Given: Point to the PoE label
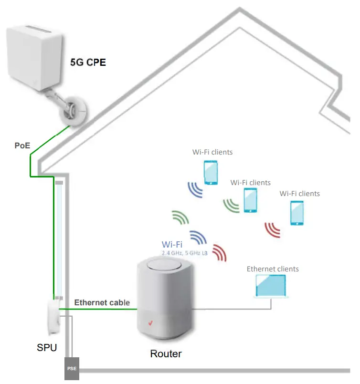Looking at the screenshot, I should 21,145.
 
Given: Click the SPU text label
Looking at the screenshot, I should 47,348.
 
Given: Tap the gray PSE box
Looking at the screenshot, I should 71,369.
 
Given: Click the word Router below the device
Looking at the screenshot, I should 166,354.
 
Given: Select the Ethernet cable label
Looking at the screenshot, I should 102,303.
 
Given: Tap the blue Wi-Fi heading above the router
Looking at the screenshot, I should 172,245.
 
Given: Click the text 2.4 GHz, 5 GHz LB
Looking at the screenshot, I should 184,253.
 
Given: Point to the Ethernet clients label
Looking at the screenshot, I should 273,269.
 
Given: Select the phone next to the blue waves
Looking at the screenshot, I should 211,172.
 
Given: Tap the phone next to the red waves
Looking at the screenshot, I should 297,213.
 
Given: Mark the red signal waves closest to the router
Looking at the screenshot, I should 220,253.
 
